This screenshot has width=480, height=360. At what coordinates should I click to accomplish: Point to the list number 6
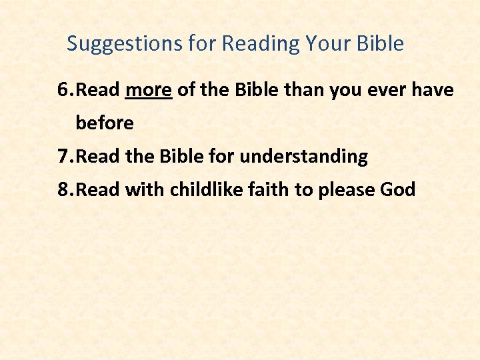[x=65, y=90]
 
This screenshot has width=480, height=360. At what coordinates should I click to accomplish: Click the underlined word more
[x=149, y=90]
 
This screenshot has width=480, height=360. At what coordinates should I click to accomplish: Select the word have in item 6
[x=433, y=90]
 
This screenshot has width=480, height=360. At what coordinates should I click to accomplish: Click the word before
[x=105, y=123]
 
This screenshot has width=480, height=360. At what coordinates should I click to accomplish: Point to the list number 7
[x=65, y=157]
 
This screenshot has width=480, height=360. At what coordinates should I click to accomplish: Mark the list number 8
[x=65, y=190]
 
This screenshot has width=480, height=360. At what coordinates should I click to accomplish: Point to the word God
[x=397, y=190]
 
